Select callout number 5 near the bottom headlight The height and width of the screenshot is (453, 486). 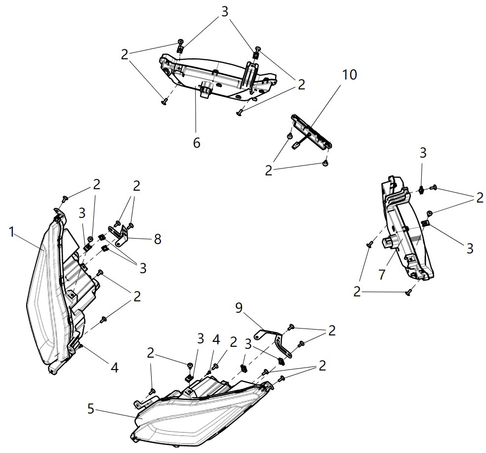(x=90, y=409)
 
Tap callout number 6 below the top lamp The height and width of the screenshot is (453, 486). (x=196, y=143)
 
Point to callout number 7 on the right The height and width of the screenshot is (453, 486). (x=382, y=274)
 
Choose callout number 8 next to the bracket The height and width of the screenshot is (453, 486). (x=157, y=240)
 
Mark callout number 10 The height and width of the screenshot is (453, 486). (x=349, y=75)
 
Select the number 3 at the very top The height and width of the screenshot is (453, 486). (x=225, y=12)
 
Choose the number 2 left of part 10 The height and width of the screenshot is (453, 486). (x=269, y=170)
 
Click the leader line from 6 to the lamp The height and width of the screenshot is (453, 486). (x=196, y=114)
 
